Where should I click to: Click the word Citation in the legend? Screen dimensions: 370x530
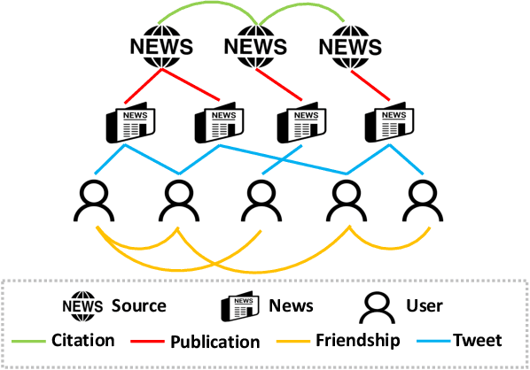pos(83,340)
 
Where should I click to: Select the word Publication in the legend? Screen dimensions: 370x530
pos(215,341)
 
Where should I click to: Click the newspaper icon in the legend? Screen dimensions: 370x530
pos(239,307)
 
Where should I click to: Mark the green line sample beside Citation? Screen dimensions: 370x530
pos(29,341)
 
